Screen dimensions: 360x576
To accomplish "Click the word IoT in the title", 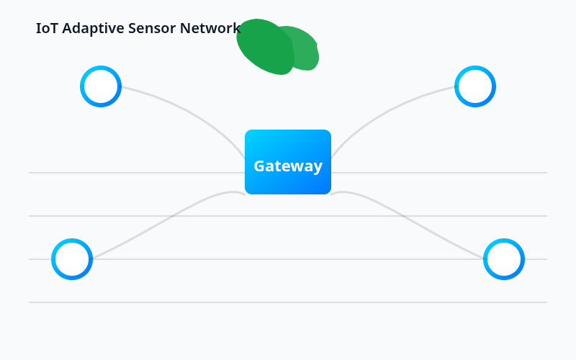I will [47, 28].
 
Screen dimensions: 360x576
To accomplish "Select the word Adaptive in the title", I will [92, 29].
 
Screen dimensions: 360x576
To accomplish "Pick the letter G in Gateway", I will [260, 166].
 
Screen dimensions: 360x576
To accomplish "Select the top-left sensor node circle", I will [101, 86].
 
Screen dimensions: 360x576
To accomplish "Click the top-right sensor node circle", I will [475, 86].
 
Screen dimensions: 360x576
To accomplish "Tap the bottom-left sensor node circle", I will [72, 259].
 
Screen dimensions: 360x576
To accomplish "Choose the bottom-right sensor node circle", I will [504, 259].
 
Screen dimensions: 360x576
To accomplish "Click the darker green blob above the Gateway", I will [263, 47].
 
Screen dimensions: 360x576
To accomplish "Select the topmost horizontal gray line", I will [144, 173].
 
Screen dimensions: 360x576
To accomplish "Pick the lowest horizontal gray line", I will [288, 302].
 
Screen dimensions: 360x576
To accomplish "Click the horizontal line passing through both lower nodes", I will [288, 259].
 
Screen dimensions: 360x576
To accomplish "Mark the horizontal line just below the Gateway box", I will [288, 216].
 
